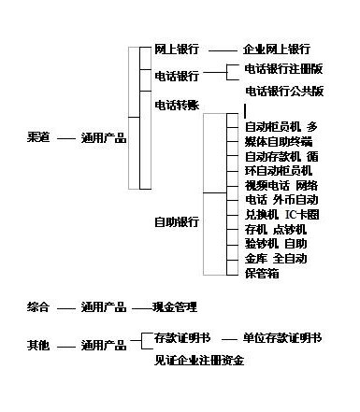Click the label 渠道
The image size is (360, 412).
[x=39, y=138]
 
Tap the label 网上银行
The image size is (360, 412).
[x=177, y=49]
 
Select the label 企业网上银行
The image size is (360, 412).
[x=276, y=49]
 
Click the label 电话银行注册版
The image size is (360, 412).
[x=284, y=69]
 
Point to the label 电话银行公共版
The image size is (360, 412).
[x=284, y=92]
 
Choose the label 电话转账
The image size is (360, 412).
[x=177, y=105]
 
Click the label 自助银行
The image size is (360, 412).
[x=177, y=222]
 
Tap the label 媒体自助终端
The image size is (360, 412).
[x=279, y=141]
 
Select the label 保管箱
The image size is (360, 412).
[x=263, y=274]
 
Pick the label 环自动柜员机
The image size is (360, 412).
[x=279, y=171]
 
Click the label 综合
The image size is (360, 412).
[x=39, y=306]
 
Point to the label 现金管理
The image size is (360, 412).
[x=175, y=306]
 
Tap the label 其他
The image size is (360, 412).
[x=39, y=346]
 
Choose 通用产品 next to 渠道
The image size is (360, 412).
[x=103, y=138]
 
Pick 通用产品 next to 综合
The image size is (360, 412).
[x=103, y=306]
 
